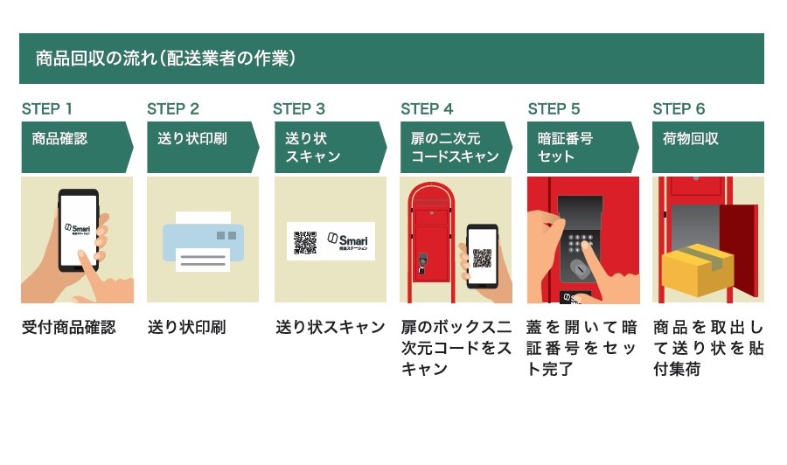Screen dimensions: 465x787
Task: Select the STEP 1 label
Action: click(46, 109)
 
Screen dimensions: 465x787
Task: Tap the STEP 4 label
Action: click(427, 109)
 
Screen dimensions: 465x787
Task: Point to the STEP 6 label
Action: click(679, 109)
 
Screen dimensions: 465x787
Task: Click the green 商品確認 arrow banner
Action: click(75, 147)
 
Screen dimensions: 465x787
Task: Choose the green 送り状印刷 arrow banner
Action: click(201, 147)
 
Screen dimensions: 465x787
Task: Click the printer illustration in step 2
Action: click(203, 240)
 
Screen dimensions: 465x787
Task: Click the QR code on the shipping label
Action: click(305, 241)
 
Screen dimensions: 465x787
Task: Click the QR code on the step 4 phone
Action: click(482, 258)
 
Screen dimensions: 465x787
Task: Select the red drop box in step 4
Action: click(429, 232)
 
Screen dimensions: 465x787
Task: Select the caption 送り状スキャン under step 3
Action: click(330, 328)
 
